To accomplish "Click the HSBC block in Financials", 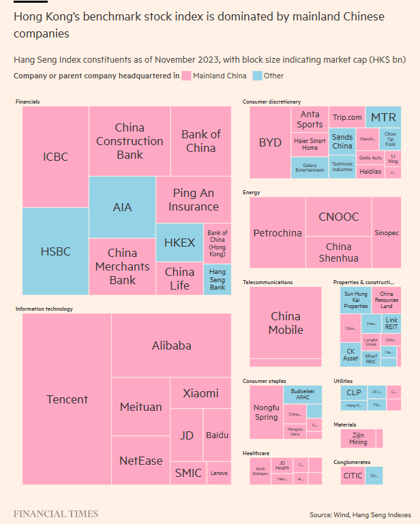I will click(x=55, y=251).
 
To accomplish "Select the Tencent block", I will click(x=67, y=399).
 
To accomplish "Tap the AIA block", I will click(x=122, y=207).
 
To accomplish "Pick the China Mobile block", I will click(x=286, y=322).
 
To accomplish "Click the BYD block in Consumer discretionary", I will click(x=270, y=142).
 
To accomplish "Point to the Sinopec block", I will click(x=387, y=232).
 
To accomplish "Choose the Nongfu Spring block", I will click(x=266, y=412).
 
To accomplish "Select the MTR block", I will click(x=383, y=117).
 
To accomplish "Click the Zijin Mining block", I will click(x=358, y=437).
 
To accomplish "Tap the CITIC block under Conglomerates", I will click(x=352, y=476).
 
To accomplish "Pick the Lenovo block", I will click(x=219, y=472).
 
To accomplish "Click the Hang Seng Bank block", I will click(x=217, y=279).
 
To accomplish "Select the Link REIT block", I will click(x=391, y=323).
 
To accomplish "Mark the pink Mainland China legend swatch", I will click(x=186, y=76).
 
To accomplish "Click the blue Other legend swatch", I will click(x=257, y=76).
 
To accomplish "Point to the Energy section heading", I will click(x=252, y=192).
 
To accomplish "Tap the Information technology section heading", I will click(x=44, y=309).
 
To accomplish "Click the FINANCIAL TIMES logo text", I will click(x=56, y=514).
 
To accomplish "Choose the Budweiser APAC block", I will click(x=303, y=395).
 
